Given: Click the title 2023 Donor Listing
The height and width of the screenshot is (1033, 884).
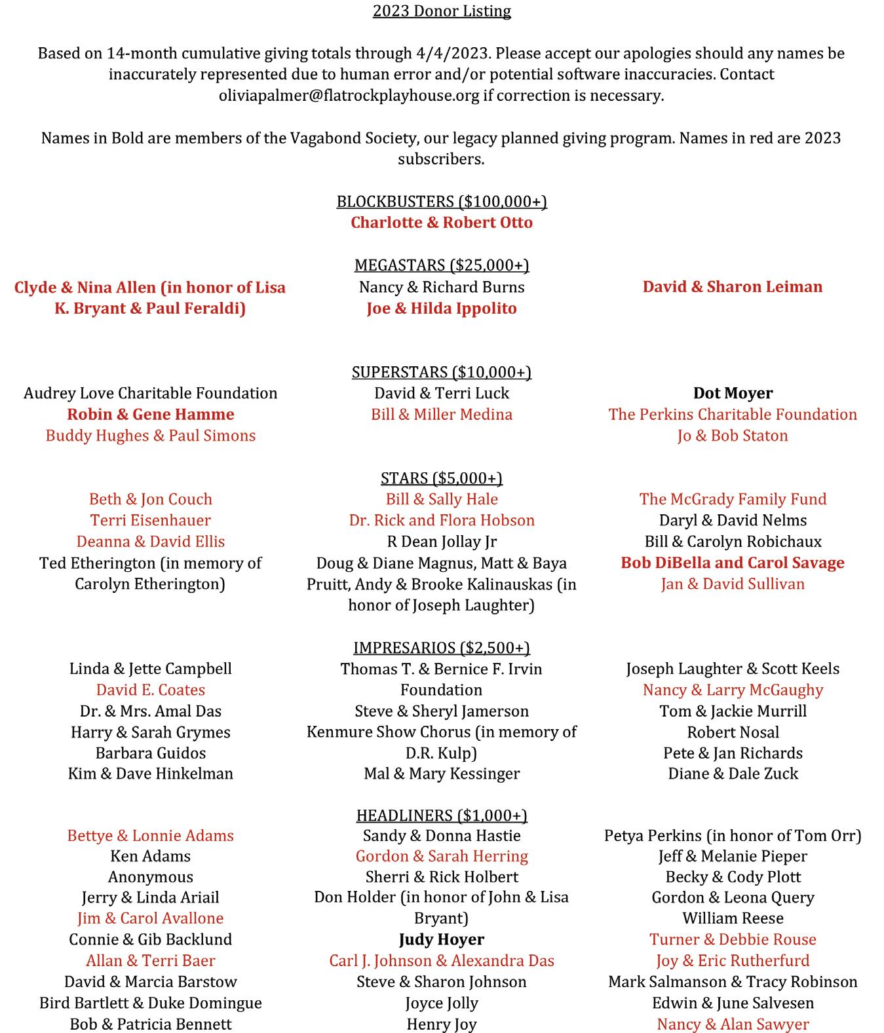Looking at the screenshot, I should click(442, 11).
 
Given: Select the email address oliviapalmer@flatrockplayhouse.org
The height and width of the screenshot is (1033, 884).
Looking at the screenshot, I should click(349, 96).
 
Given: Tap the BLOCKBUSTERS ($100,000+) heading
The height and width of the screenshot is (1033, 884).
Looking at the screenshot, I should click(442, 201).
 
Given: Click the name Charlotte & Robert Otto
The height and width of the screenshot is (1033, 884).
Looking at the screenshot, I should click(442, 223).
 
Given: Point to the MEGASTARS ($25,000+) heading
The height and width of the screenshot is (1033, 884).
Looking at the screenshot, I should click(442, 265).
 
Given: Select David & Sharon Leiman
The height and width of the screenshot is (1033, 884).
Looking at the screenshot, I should click(732, 287).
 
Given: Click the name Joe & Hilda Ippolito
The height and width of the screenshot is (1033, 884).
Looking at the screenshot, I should click(442, 309).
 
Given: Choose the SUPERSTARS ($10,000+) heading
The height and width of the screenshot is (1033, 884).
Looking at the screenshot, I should click(442, 372).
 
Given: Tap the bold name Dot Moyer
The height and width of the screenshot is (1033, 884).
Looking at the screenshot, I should click(733, 393).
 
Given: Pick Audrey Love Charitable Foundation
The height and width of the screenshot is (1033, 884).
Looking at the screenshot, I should click(151, 393).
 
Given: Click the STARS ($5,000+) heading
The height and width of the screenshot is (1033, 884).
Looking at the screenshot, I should click(442, 478).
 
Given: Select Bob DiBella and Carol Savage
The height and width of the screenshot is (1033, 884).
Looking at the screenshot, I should click(733, 563).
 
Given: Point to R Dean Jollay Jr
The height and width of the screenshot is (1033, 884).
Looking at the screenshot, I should click(442, 542).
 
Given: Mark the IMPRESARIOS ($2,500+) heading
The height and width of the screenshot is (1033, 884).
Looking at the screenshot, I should click(442, 648).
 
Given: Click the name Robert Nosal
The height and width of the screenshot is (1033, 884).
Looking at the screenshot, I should click(733, 732).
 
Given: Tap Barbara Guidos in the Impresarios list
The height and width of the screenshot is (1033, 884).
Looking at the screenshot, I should click(151, 753).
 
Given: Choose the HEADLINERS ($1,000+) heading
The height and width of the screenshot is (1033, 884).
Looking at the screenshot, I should click(442, 815).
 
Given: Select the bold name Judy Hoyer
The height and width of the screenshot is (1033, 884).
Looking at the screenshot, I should click(442, 939).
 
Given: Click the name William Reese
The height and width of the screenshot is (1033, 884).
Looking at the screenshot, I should click(733, 918).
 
